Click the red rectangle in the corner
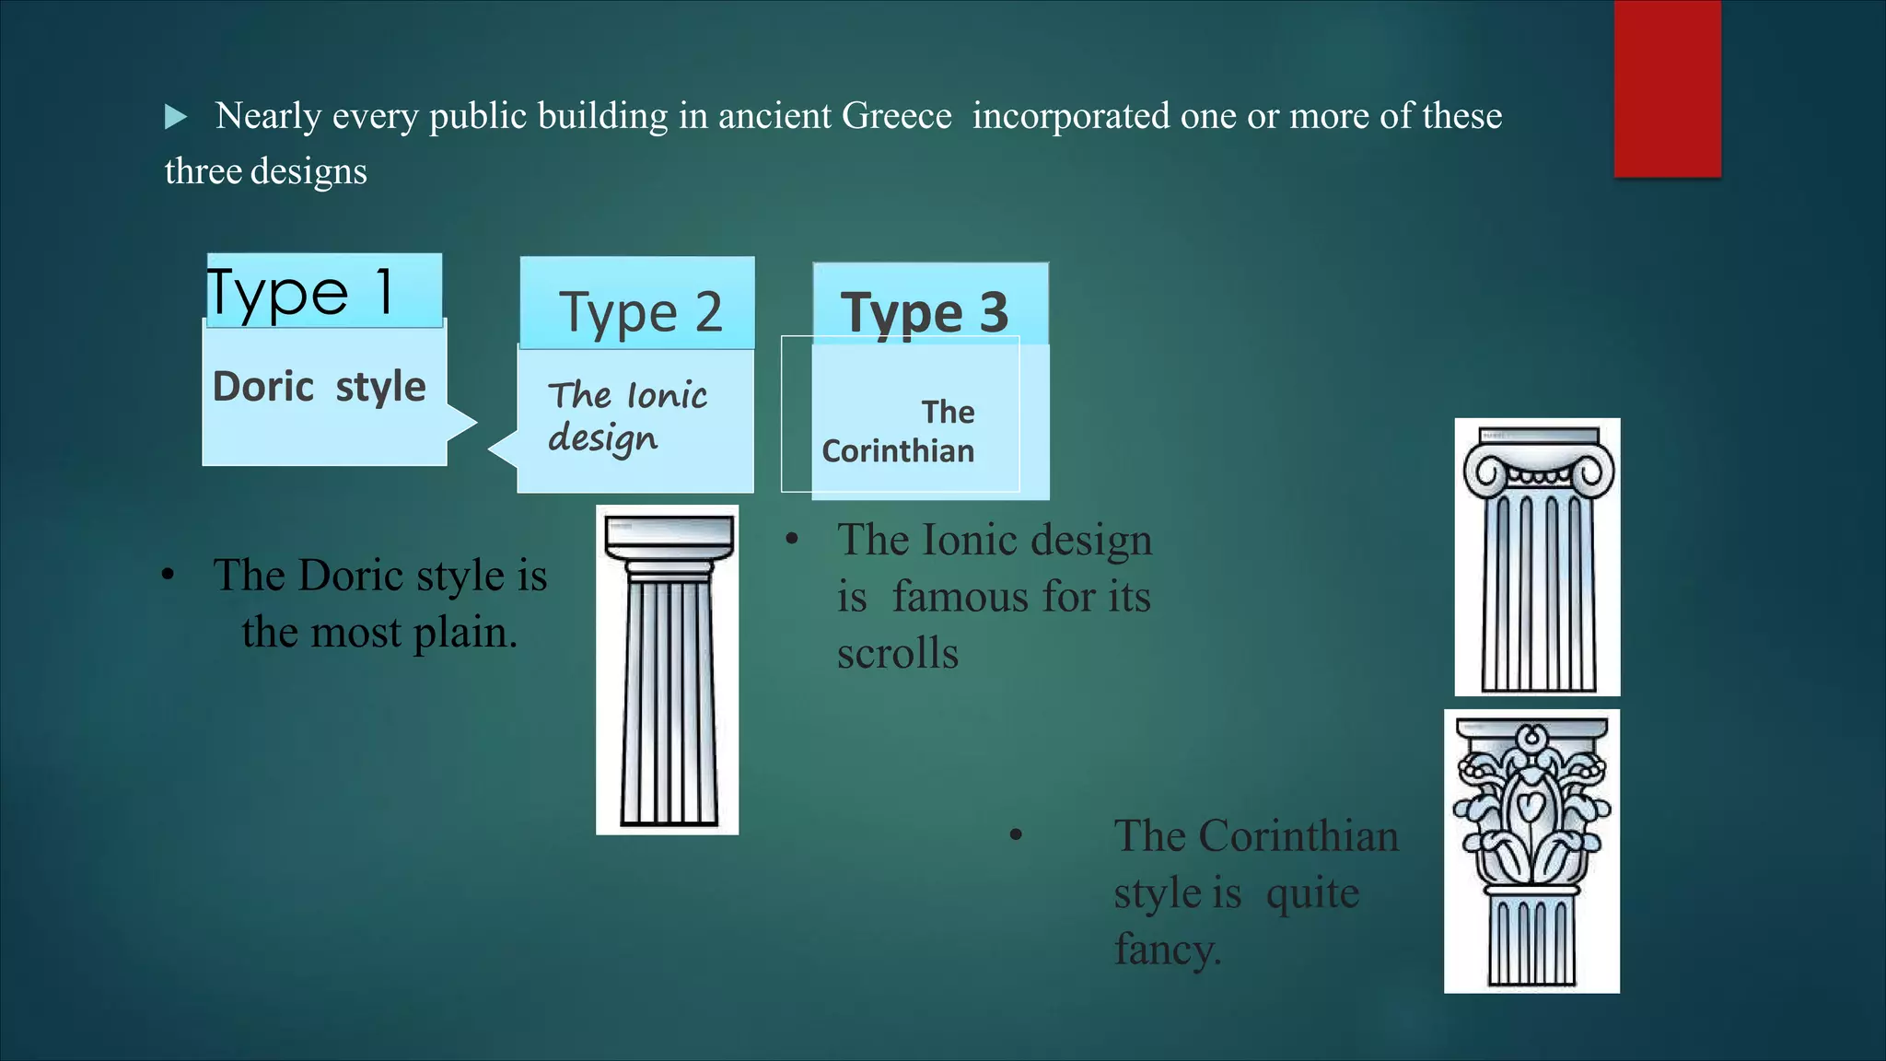[x=1667, y=88]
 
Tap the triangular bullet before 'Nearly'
[x=175, y=117]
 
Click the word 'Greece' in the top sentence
[x=896, y=116]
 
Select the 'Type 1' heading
[x=301, y=292]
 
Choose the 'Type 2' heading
[x=640, y=311]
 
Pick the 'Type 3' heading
[x=925, y=312]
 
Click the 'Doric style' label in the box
[x=319, y=386]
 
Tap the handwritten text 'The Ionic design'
[x=626, y=416]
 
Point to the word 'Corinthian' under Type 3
[x=898, y=451]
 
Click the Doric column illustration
[x=668, y=670]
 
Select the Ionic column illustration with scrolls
[x=1537, y=557]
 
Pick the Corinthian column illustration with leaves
[x=1531, y=851]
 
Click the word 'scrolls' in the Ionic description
[x=898, y=653]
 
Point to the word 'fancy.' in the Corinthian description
[x=1168, y=949]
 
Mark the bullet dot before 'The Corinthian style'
[x=1016, y=835]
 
